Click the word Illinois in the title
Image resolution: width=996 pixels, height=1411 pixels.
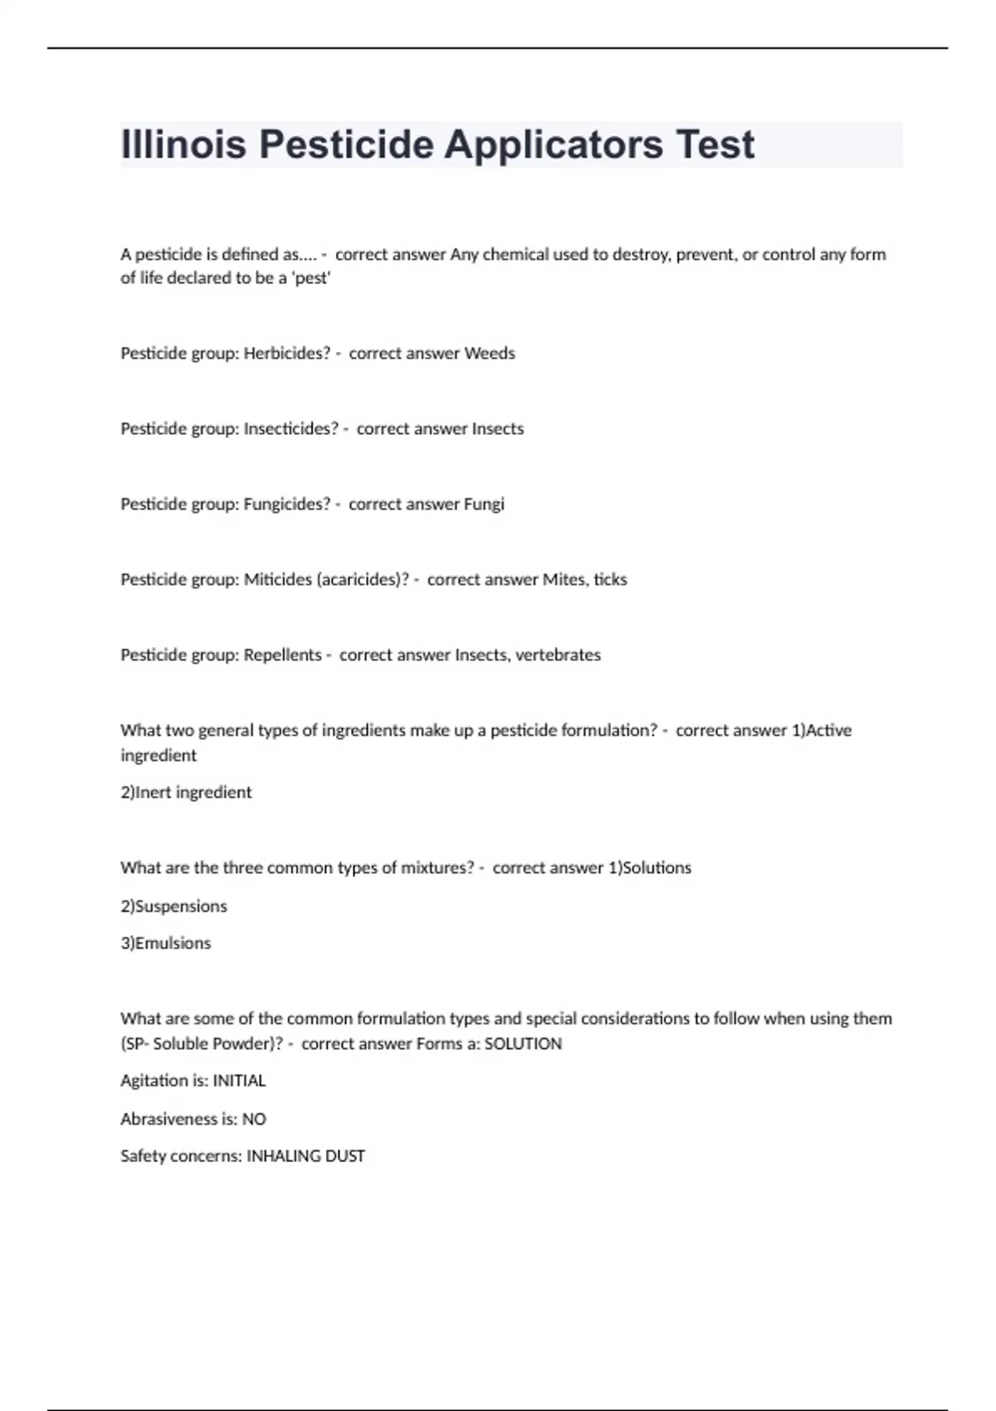click(x=183, y=144)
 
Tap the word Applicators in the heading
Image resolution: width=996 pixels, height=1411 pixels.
click(x=554, y=144)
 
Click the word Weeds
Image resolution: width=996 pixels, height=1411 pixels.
click(x=490, y=354)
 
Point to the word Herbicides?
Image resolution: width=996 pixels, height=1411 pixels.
click(x=286, y=354)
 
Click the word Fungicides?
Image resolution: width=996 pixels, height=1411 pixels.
click(x=286, y=505)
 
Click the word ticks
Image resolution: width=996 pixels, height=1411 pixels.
click(x=610, y=580)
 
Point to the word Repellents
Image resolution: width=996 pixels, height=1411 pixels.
click(x=282, y=656)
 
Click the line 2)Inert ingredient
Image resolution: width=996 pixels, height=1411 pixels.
click(x=186, y=793)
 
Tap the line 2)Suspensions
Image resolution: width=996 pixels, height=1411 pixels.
click(x=173, y=906)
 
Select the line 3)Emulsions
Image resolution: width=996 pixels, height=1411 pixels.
click(x=166, y=944)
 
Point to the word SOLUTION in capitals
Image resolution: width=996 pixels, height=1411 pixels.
click(x=523, y=1044)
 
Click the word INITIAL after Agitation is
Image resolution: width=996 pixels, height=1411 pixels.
click(x=239, y=1081)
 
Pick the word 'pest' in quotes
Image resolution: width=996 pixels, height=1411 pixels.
click(x=311, y=279)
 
